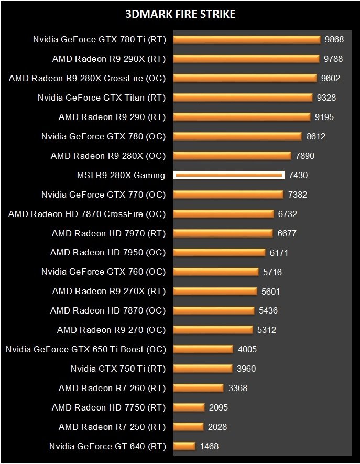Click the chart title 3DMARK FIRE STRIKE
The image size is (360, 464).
pos(180,14)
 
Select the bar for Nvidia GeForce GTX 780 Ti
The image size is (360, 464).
pos(246,39)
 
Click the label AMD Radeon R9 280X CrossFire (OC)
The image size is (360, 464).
pos(87,78)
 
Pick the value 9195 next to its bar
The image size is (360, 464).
pos(323,117)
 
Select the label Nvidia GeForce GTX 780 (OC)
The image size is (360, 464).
pos(103,136)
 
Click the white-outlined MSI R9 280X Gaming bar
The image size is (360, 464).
pos(229,175)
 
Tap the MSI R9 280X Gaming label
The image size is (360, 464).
pos(121,175)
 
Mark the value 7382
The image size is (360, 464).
pos(298,195)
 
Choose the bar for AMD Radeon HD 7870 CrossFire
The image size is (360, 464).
pos(223,214)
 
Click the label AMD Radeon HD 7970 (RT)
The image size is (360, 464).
pos(108,233)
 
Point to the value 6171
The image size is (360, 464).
pos(279,253)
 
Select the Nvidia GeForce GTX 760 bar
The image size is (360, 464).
pos(216,272)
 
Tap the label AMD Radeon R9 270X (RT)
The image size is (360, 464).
pos(108,292)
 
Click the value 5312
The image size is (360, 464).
pos(266,330)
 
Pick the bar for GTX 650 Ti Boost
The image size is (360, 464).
pos(203,349)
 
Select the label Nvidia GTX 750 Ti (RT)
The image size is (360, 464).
pos(118,369)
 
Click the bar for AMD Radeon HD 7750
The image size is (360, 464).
pos(189,407)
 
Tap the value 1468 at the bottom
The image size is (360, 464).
pos(209,446)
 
